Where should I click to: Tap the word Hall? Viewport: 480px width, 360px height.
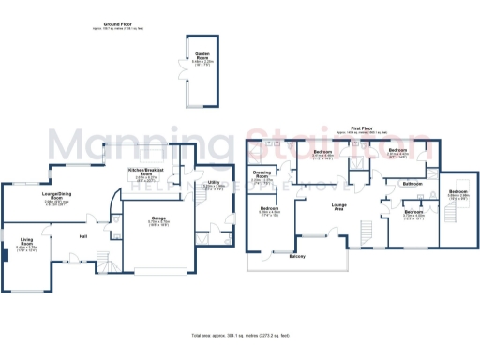click(83, 236)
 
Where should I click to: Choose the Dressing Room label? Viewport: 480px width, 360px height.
click(262, 175)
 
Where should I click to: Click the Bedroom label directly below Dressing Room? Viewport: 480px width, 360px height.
click(269, 209)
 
